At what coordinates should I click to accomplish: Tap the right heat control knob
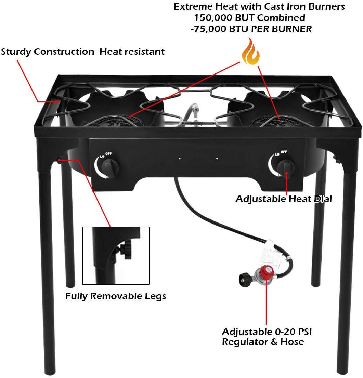(x=286, y=167)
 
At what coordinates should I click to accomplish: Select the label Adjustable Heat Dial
(x=284, y=199)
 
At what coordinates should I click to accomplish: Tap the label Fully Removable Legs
(x=116, y=296)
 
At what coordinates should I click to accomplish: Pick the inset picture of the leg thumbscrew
(x=116, y=256)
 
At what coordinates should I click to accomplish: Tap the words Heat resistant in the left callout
(x=132, y=52)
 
